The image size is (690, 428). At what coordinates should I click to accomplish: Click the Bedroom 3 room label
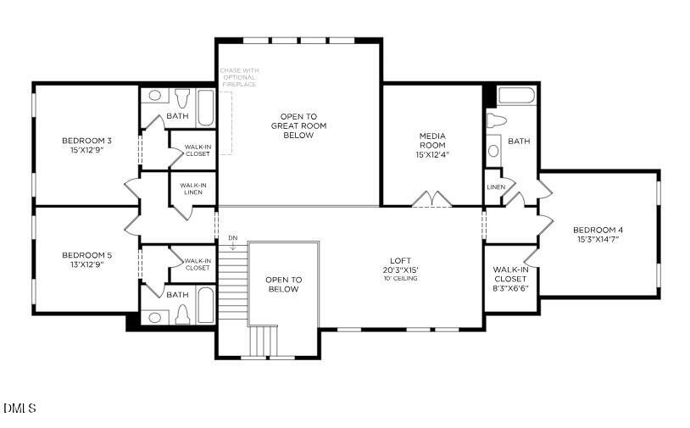86,140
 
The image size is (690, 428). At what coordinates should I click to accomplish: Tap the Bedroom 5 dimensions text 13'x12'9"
86,264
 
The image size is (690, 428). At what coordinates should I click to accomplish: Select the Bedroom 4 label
598,230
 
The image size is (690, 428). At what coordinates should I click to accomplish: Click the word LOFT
399,261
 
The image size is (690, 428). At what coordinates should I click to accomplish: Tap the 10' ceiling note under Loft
399,279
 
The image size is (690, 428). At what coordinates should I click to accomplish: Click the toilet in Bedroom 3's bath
184,96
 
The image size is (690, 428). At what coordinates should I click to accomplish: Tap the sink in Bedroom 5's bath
153,318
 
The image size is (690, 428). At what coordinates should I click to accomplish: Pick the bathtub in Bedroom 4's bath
516,95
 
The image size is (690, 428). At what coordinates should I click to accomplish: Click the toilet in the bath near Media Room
496,121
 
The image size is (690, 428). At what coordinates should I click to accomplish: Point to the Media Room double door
431,199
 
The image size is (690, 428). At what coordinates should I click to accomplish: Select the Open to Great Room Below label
298,125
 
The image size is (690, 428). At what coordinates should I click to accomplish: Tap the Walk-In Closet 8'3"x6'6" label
510,279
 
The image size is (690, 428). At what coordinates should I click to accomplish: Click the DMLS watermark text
19,409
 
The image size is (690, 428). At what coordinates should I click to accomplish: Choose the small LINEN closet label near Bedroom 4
496,186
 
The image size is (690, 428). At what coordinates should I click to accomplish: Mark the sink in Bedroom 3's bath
154,96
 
